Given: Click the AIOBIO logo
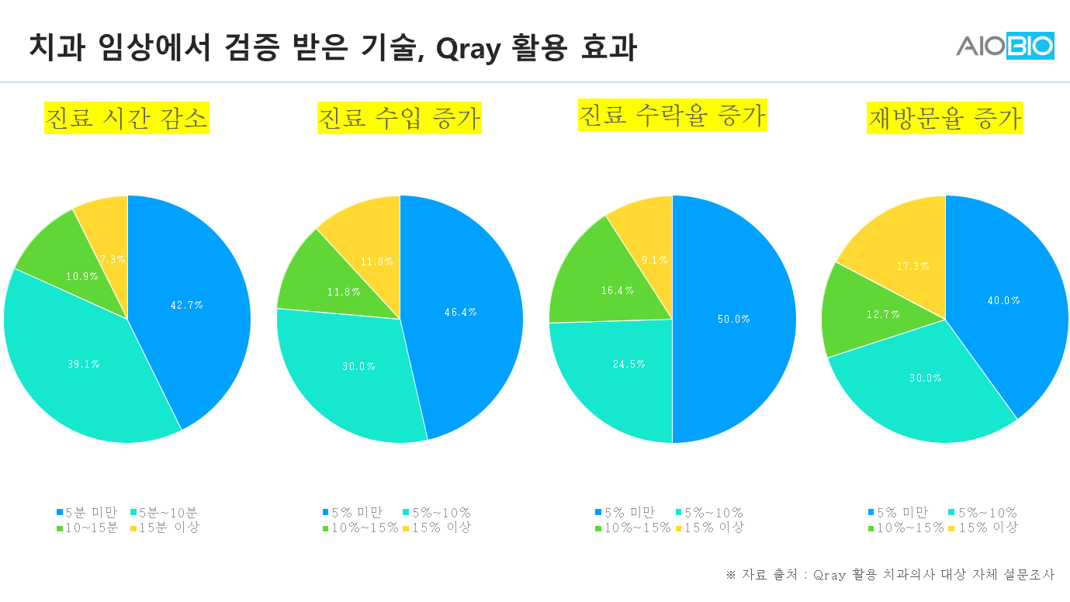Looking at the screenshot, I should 1005,46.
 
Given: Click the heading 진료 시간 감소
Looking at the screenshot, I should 126,119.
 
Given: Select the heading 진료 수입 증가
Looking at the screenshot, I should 400,119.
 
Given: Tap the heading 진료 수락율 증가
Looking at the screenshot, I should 672,115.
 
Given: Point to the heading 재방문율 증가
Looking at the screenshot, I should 944,119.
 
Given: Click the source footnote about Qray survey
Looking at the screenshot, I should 890,575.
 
